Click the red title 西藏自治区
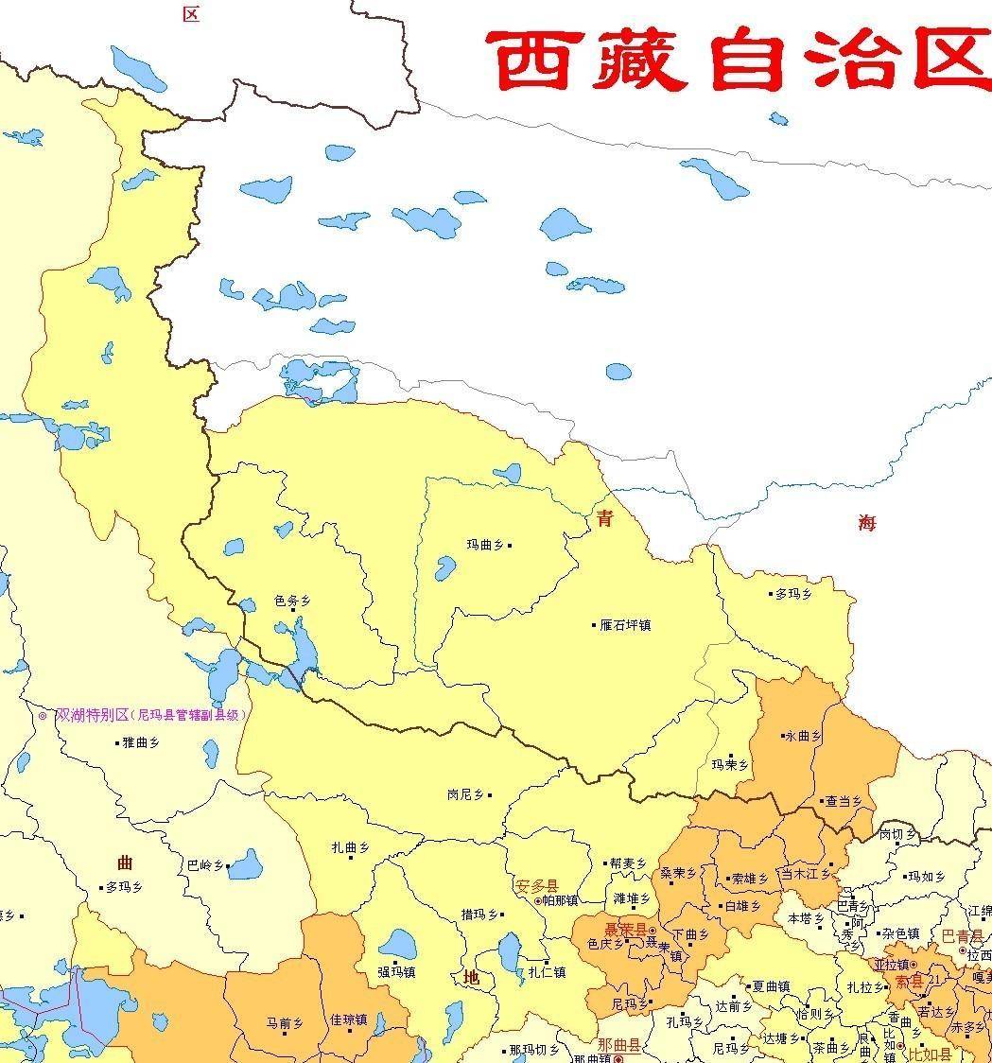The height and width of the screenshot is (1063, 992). point(738,59)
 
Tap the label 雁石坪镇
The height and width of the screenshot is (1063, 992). point(625,625)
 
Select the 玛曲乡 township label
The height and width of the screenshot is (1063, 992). point(487,545)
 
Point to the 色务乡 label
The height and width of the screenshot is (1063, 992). point(291,601)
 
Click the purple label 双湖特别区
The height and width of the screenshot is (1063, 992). point(92,715)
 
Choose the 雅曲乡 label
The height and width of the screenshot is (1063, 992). point(141,743)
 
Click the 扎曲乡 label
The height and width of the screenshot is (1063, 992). point(349,848)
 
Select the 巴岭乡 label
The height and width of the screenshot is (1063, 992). point(204,865)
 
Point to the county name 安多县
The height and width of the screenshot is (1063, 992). point(536,887)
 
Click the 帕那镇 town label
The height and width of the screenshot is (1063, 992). point(560,901)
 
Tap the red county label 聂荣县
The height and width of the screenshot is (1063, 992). point(625,931)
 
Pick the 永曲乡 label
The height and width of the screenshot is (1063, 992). point(803,736)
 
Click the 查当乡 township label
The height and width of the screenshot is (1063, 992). point(844,801)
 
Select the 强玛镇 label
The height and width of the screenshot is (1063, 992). point(396,971)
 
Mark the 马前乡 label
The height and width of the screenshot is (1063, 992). point(284,1023)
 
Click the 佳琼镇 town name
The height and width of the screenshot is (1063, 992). point(348,1019)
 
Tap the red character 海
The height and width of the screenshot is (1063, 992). point(867,523)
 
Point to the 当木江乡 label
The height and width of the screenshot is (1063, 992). point(804,875)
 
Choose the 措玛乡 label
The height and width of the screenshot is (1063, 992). point(479,915)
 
